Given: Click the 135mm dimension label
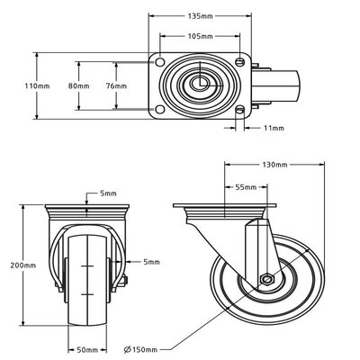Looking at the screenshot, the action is [200, 16].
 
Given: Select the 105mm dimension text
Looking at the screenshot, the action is [200, 36].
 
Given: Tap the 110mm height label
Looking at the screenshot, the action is [37, 86].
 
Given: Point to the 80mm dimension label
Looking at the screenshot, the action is [79, 86].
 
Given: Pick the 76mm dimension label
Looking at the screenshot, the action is [116, 86].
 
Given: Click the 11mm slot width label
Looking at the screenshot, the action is [274, 128].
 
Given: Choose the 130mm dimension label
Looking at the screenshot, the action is [274, 165].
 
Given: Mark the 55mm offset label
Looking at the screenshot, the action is [246, 187].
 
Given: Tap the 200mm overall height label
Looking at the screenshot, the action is [23, 265].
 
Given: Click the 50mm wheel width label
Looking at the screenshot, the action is [87, 350].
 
